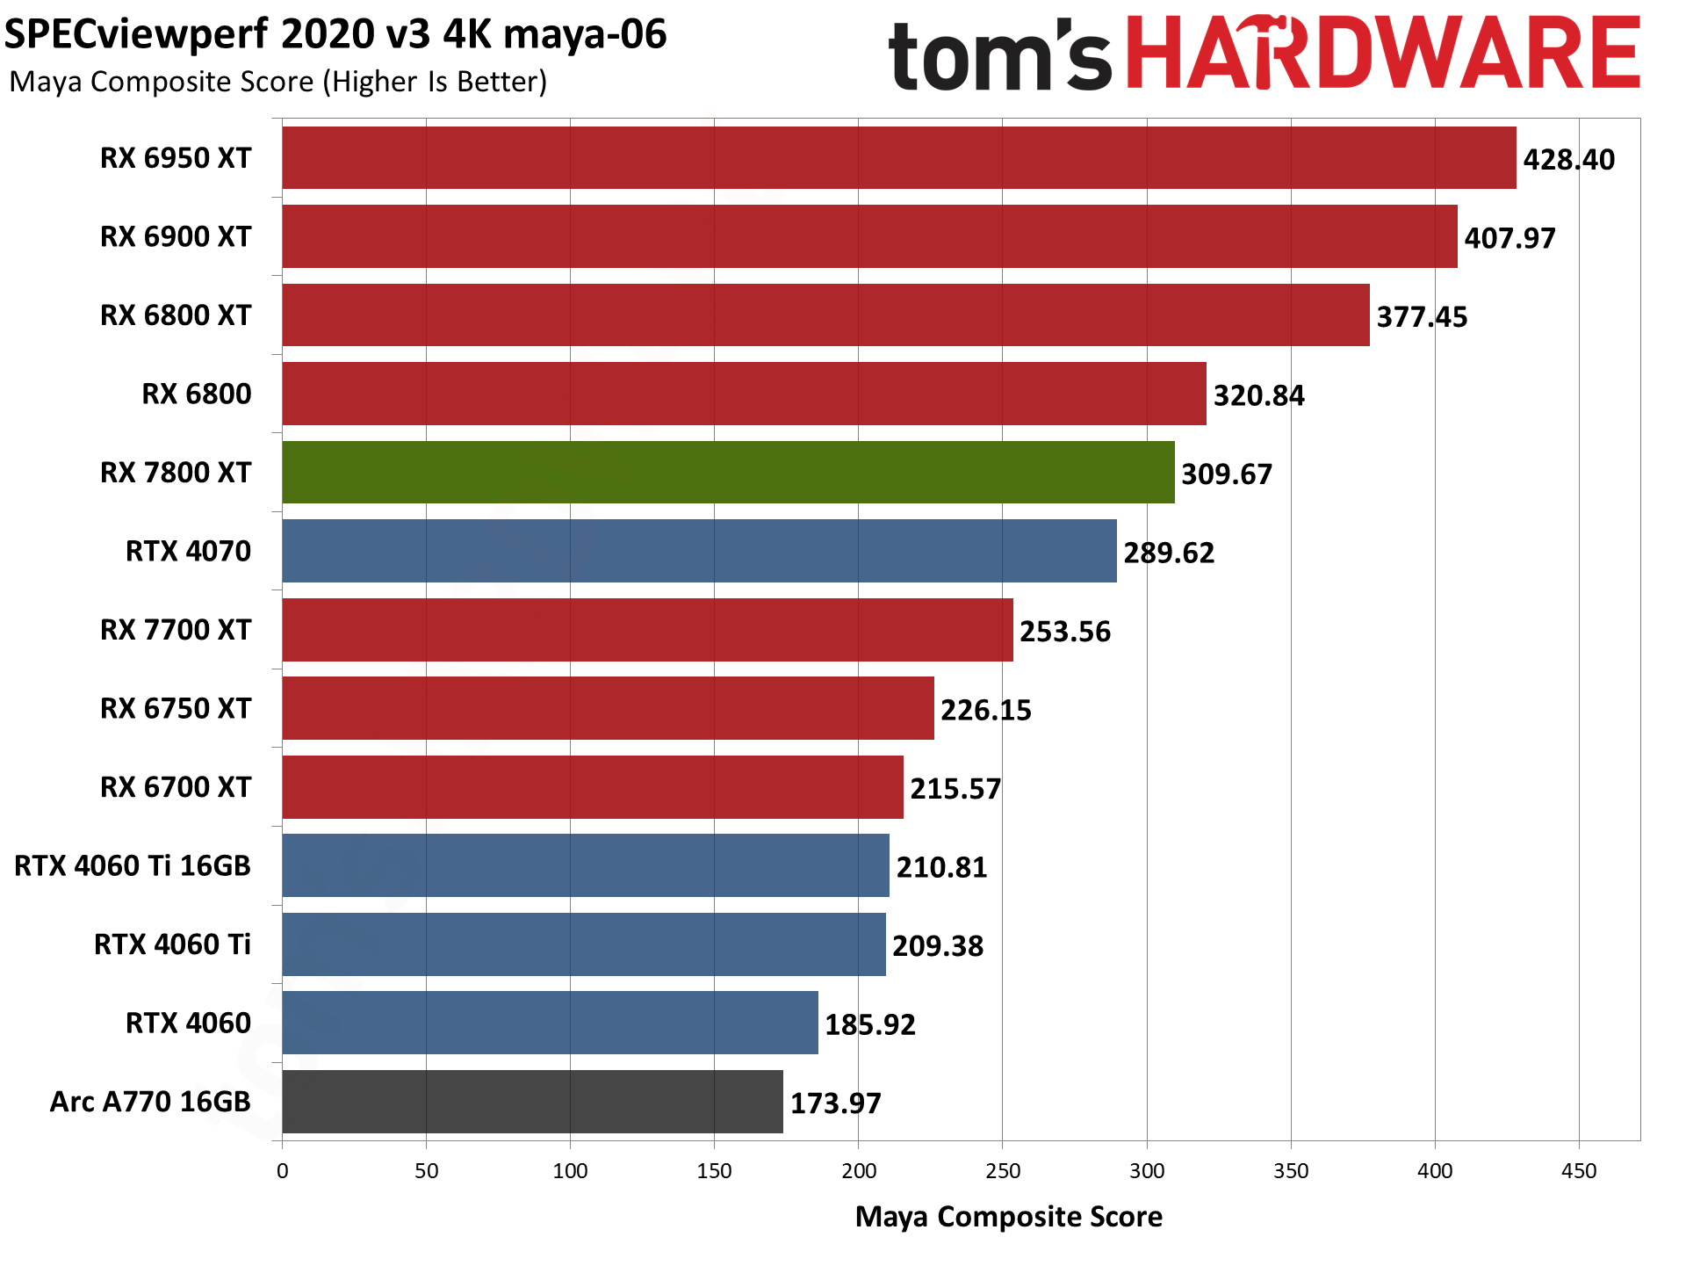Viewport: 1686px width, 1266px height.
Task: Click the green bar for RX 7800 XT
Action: [728, 473]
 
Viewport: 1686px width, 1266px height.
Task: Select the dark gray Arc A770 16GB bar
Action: [532, 1102]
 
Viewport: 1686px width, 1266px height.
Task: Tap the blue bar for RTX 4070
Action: [699, 551]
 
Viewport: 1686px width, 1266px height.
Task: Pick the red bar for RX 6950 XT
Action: [898, 158]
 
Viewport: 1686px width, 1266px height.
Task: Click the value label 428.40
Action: [1568, 160]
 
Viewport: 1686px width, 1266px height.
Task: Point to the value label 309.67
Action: [1226, 474]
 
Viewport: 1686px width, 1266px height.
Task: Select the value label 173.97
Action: [835, 1103]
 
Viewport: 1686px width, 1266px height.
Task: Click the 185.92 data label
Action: [869, 1024]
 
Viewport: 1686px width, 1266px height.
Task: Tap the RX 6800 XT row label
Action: [176, 315]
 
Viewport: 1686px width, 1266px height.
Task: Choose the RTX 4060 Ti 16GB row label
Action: [133, 866]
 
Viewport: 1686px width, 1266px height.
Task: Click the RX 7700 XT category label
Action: [176, 630]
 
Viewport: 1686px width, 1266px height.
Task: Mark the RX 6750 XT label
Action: [176, 709]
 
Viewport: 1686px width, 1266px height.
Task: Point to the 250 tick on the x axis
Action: [1002, 1171]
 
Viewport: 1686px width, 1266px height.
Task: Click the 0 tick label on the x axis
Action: [282, 1171]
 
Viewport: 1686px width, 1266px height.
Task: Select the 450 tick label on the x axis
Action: [1578, 1171]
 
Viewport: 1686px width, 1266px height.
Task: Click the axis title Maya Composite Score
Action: [1008, 1217]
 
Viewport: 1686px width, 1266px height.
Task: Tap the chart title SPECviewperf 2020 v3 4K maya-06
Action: [335, 35]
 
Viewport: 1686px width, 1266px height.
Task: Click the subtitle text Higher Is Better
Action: [436, 82]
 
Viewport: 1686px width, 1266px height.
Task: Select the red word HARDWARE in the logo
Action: [1382, 54]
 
